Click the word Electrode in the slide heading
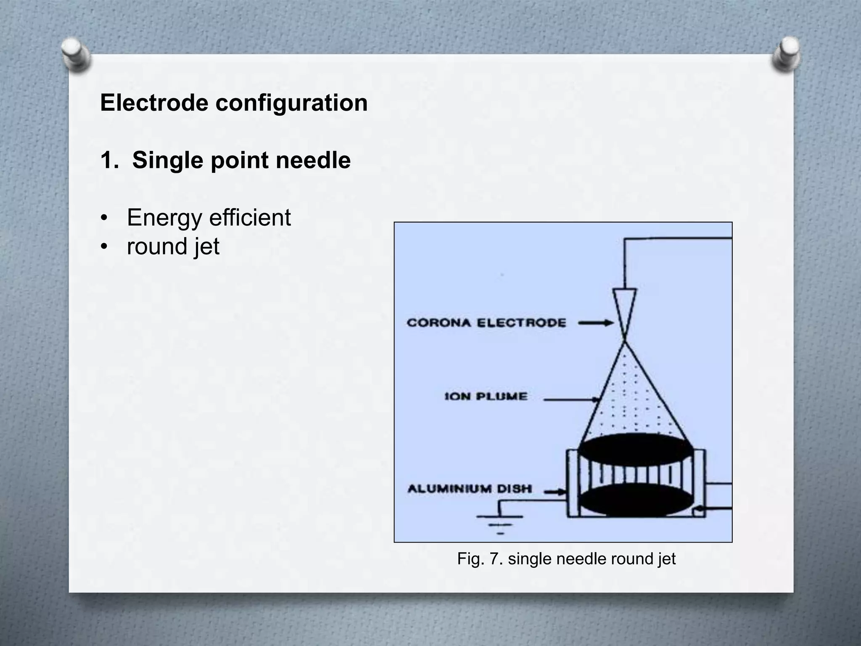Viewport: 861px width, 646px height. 154,103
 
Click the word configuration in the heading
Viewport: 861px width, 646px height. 292,103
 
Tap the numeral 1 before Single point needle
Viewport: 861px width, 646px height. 107,160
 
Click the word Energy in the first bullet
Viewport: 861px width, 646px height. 165,218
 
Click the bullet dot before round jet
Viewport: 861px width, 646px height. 104,246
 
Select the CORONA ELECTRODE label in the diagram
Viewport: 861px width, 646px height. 486,323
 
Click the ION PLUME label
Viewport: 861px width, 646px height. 486,396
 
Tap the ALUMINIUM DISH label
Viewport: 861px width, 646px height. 470,489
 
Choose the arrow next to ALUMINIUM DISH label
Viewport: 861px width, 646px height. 554,491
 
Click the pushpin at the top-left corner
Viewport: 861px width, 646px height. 77,55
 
